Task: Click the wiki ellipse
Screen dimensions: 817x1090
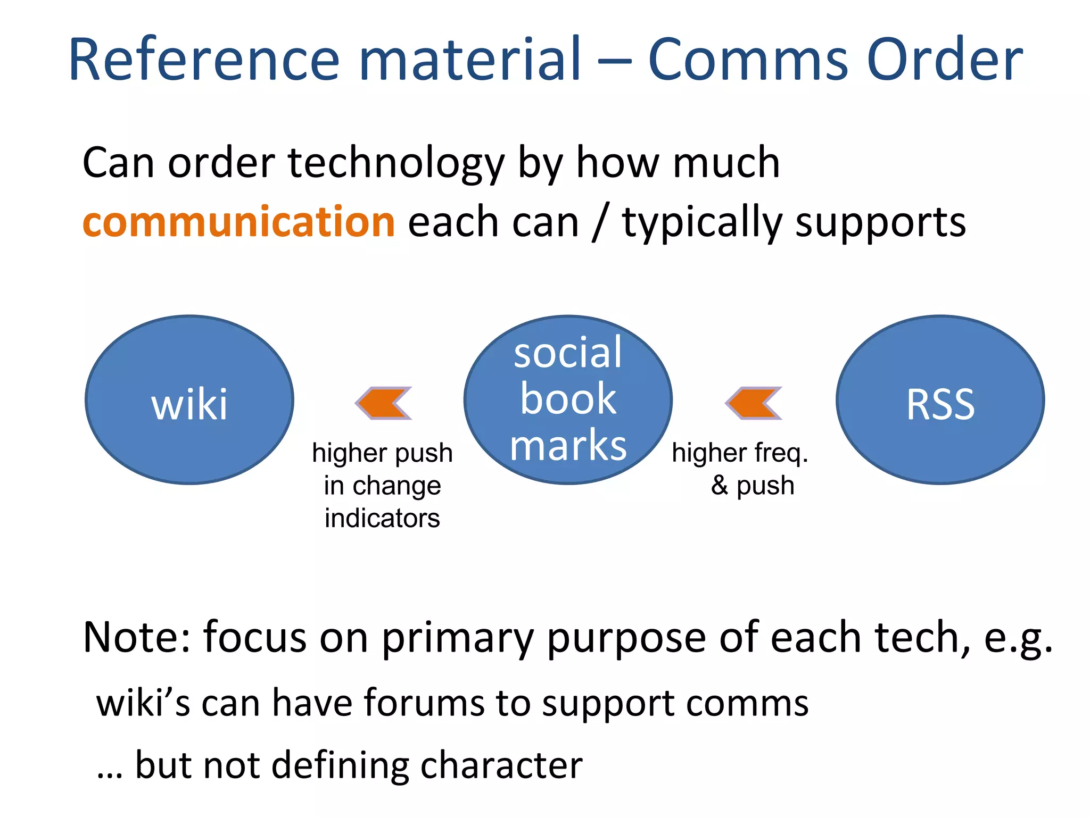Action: pos(189,400)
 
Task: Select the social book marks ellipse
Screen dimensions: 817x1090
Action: pos(567,400)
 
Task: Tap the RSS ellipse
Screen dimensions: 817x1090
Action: pos(940,400)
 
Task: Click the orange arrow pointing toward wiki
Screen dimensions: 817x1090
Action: pos(383,403)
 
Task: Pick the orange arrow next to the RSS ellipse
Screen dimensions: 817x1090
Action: pos(753,403)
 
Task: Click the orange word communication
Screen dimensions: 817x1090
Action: pos(238,222)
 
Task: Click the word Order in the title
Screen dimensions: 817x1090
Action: pos(944,60)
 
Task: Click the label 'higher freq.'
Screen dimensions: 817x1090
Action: pos(740,453)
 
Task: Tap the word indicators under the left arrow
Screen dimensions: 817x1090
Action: pos(382,518)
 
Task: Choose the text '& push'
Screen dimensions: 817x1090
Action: pos(753,485)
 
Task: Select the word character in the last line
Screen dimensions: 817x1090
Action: pos(501,765)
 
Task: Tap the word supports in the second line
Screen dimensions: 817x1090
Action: pos(880,223)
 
